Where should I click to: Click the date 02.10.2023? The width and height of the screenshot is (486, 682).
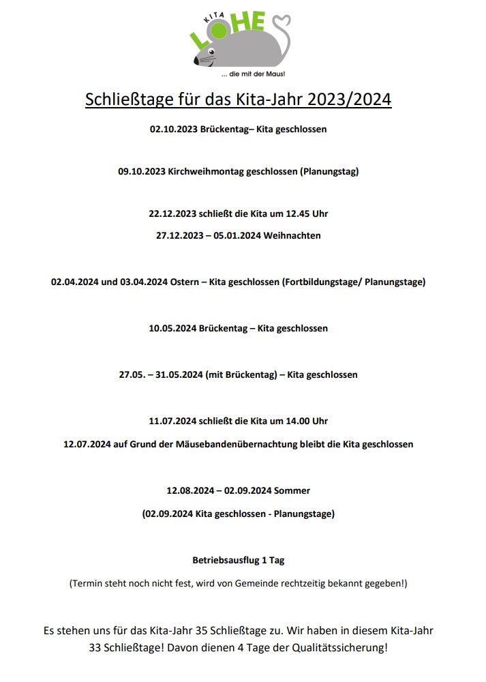tap(173, 129)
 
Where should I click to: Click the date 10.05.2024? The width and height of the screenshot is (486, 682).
tap(172, 328)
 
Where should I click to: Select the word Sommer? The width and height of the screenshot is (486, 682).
tap(292, 490)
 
